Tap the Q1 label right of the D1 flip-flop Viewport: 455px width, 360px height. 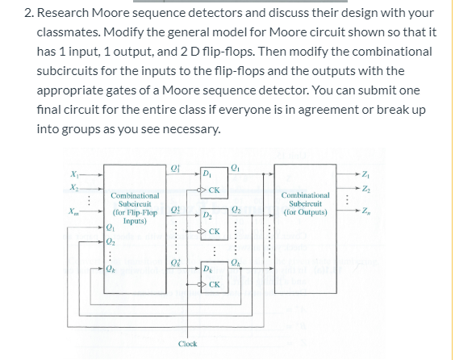coord(236,168)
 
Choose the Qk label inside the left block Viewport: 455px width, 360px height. coord(111,270)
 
